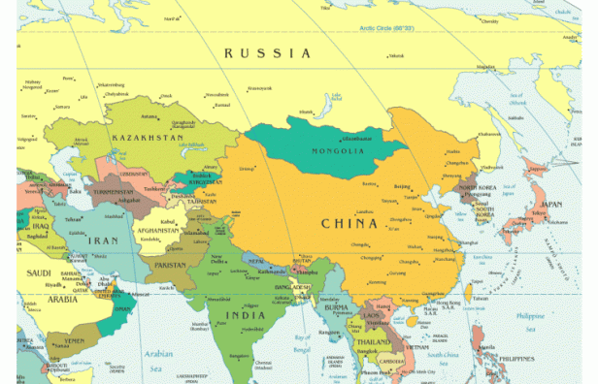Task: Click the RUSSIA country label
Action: pyautogui.click(x=268, y=53)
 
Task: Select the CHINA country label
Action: pyautogui.click(x=349, y=224)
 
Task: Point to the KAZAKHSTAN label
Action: pyautogui.click(x=148, y=139)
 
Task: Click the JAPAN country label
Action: pyautogui.click(x=551, y=205)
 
